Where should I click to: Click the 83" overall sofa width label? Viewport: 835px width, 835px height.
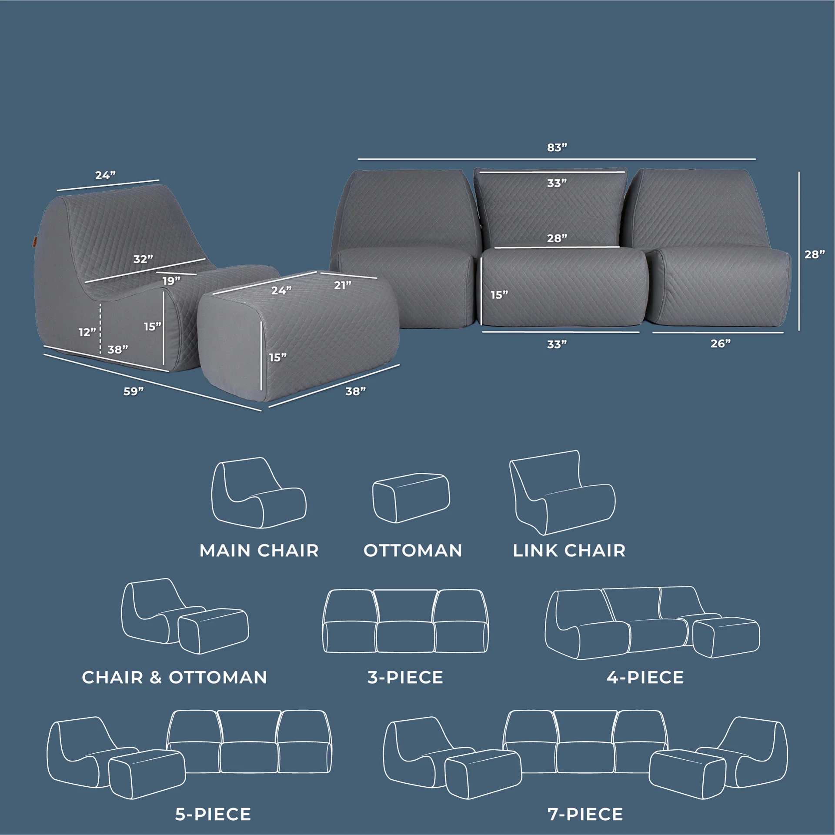pyautogui.click(x=557, y=147)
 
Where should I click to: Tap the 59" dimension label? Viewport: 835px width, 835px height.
pyautogui.click(x=134, y=391)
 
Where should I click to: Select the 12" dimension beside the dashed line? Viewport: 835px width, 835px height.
pyautogui.click(x=87, y=332)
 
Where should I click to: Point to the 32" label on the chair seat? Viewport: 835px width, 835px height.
pyautogui.click(x=143, y=259)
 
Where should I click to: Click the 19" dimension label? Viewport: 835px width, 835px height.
pyautogui.click(x=171, y=281)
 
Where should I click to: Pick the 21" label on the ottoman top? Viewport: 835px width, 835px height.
pyautogui.click(x=343, y=285)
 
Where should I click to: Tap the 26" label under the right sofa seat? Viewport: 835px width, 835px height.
pyautogui.click(x=721, y=344)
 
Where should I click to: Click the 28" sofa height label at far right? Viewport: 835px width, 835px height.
pyautogui.click(x=815, y=254)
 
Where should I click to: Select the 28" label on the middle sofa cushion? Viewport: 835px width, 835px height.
pyautogui.click(x=557, y=238)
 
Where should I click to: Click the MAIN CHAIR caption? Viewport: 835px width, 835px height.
pyautogui.click(x=259, y=551)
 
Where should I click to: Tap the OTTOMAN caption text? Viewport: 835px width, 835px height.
pyautogui.click(x=413, y=551)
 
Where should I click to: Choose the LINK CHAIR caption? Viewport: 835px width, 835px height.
pyautogui.click(x=569, y=551)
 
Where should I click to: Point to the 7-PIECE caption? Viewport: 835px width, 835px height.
pyautogui.click(x=585, y=814)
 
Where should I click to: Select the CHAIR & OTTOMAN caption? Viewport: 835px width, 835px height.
pyautogui.click(x=174, y=677)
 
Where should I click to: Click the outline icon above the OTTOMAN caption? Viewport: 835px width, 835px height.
pyautogui.click(x=411, y=498)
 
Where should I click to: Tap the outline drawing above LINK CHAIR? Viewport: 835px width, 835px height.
pyautogui.click(x=562, y=493)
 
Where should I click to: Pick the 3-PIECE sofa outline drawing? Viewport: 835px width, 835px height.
pyautogui.click(x=405, y=621)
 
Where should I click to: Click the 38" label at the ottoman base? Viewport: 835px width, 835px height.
pyautogui.click(x=355, y=391)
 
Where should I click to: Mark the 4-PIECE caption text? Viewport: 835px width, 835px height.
pyautogui.click(x=645, y=677)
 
